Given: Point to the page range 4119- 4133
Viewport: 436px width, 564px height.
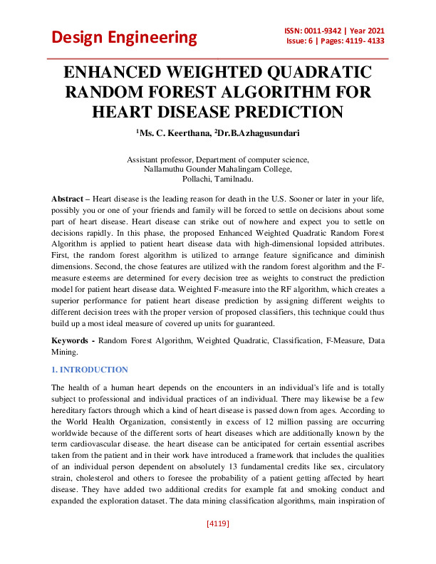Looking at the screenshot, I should click(359, 41).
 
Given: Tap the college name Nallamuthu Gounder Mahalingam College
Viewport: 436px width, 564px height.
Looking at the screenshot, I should click(217, 169).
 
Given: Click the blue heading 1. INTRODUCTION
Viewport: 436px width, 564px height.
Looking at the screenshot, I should click(90, 370).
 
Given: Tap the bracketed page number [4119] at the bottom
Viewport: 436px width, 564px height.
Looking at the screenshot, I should click(217, 543).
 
